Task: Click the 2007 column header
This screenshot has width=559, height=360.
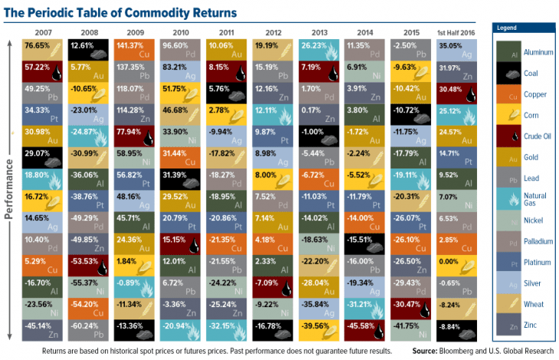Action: click(x=44, y=32)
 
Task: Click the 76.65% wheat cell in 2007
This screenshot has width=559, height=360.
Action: click(x=44, y=50)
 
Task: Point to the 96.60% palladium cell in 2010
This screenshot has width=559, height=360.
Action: click(x=182, y=50)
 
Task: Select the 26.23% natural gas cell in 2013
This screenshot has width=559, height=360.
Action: click(x=321, y=50)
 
